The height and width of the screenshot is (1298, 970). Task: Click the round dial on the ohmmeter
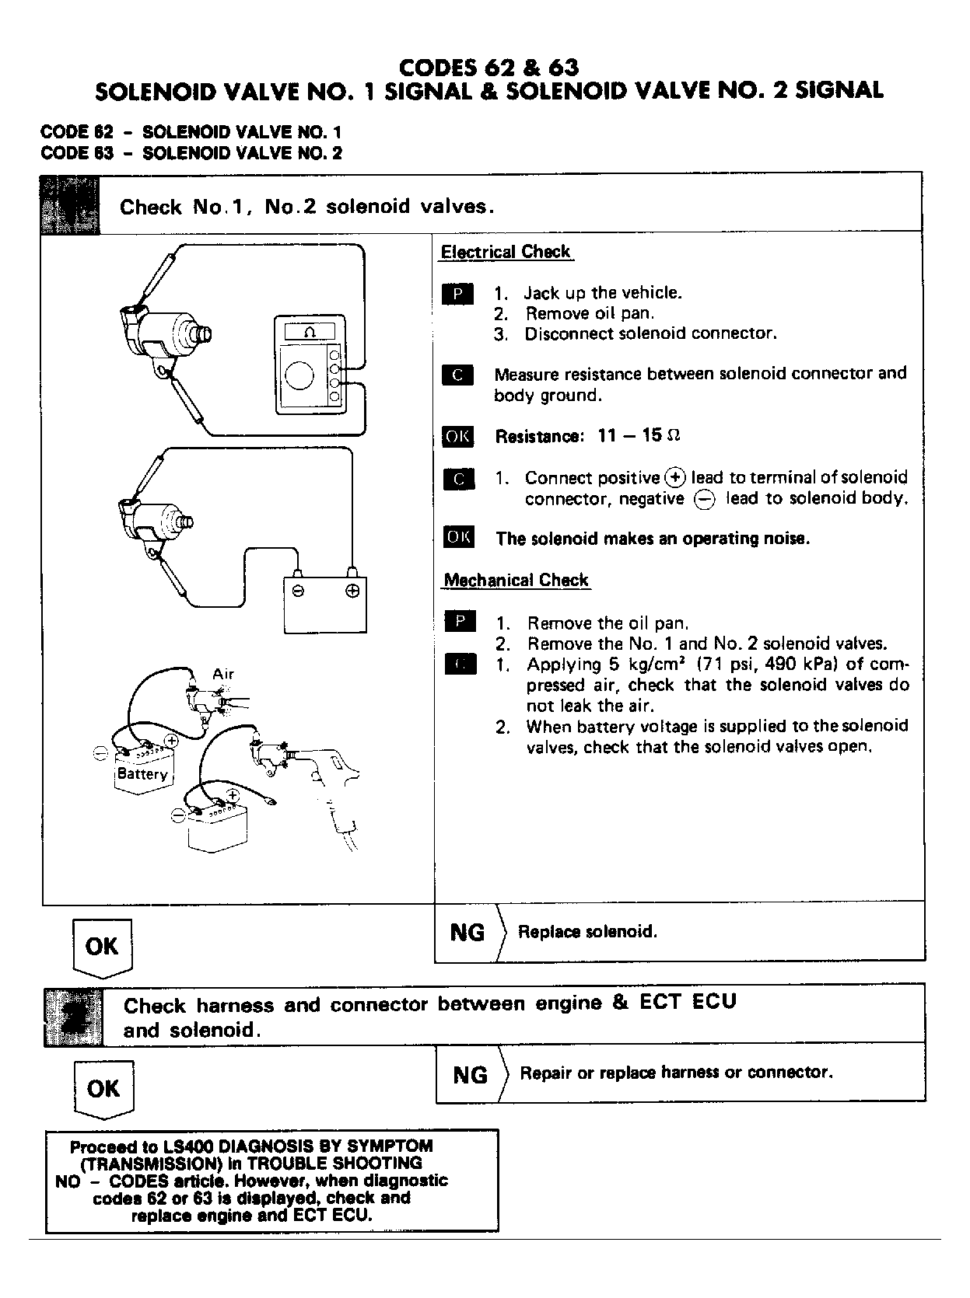tap(299, 376)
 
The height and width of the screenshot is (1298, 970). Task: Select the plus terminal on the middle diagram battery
tap(352, 591)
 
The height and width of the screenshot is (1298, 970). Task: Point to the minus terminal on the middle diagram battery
tap(298, 591)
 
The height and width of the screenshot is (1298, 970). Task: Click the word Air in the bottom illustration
tap(223, 674)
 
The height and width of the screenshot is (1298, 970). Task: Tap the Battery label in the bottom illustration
tap(142, 774)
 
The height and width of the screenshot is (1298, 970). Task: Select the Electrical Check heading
tap(506, 252)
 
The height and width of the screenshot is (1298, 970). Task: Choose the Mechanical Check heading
tap(516, 580)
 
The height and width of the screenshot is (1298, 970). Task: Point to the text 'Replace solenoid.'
tap(587, 931)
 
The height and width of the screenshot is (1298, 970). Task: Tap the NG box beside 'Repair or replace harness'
tap(470, 1075)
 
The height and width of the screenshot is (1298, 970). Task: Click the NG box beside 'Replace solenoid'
tap(467, 932)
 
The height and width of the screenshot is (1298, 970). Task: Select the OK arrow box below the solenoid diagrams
tap(102, 946)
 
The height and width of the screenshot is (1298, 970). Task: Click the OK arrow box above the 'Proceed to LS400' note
tap(103, 1088)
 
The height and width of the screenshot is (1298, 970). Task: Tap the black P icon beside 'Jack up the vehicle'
tap(457, 294)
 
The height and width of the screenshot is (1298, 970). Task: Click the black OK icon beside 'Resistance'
tap(457, 436)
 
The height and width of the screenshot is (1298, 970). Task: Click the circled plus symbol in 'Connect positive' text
tap(674, 477)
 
